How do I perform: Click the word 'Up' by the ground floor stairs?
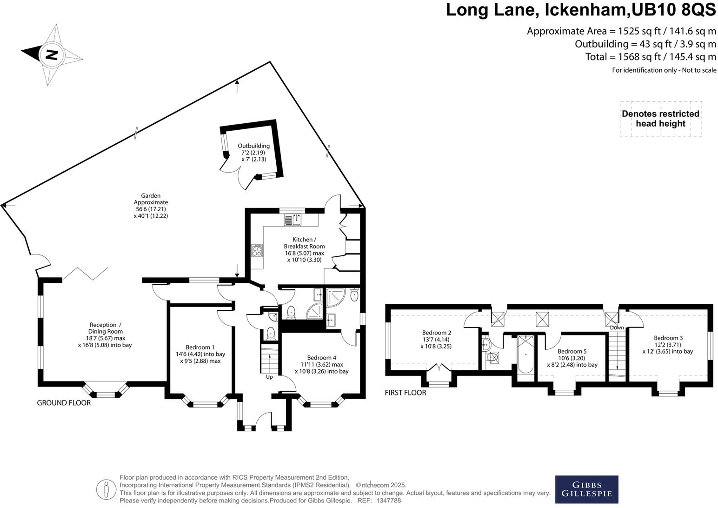click(269, 377)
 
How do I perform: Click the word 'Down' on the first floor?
click(617, 328)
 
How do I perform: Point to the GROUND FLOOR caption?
click(64, 403)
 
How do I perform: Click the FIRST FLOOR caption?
click(405, 393)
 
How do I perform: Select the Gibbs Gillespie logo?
click(586, 489)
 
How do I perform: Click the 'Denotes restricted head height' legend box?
click(660, 119)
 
